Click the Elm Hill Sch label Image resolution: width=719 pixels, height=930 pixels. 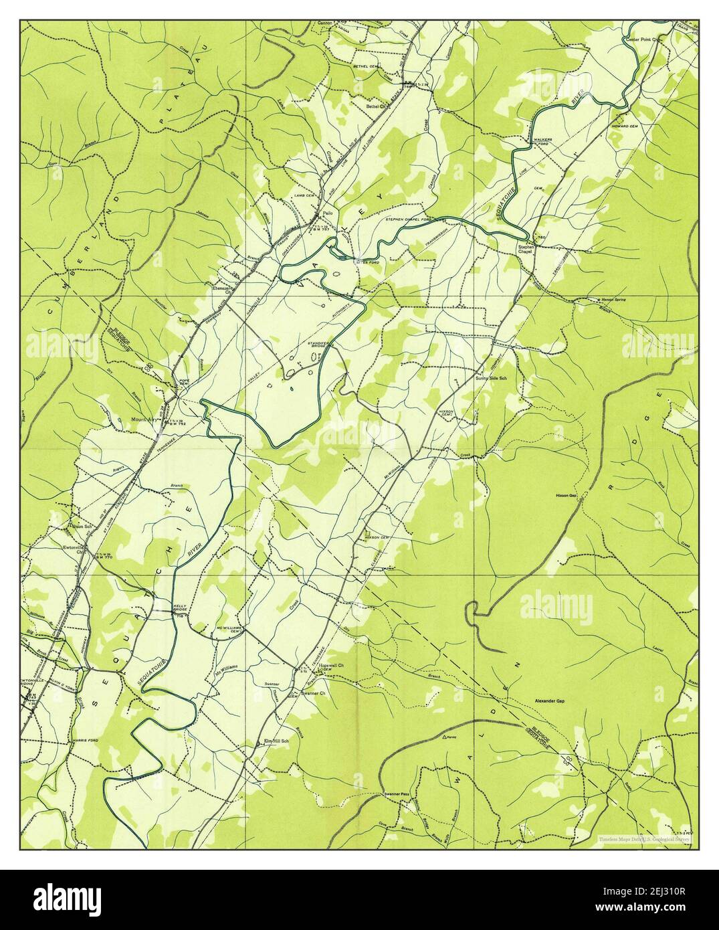click(276, 741)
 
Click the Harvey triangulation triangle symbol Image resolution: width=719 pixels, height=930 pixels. click(445, 736)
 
